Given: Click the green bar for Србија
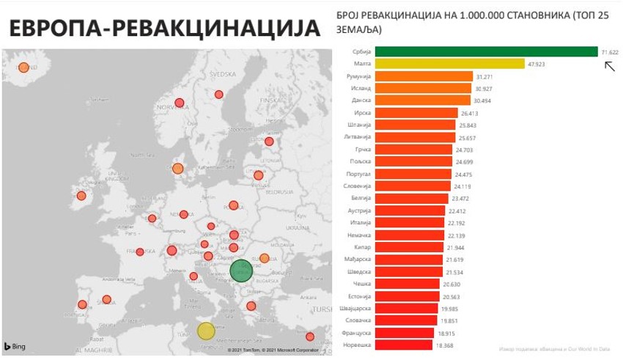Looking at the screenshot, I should point(487,51).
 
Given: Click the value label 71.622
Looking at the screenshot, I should point(610,52).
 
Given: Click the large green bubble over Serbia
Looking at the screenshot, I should point(241,271).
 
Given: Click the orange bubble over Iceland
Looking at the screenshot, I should point(23,67).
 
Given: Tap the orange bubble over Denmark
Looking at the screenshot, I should point(177,169).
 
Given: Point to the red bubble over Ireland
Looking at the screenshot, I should point(81,196).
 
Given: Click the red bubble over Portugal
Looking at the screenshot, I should point(82,304).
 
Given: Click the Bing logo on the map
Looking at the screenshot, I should point(15,346).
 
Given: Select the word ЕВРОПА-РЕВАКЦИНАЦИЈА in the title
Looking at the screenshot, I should point(164,28).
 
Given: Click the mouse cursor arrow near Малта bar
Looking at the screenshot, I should point(609,67).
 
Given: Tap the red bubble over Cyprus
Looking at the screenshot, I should point(310,337).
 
